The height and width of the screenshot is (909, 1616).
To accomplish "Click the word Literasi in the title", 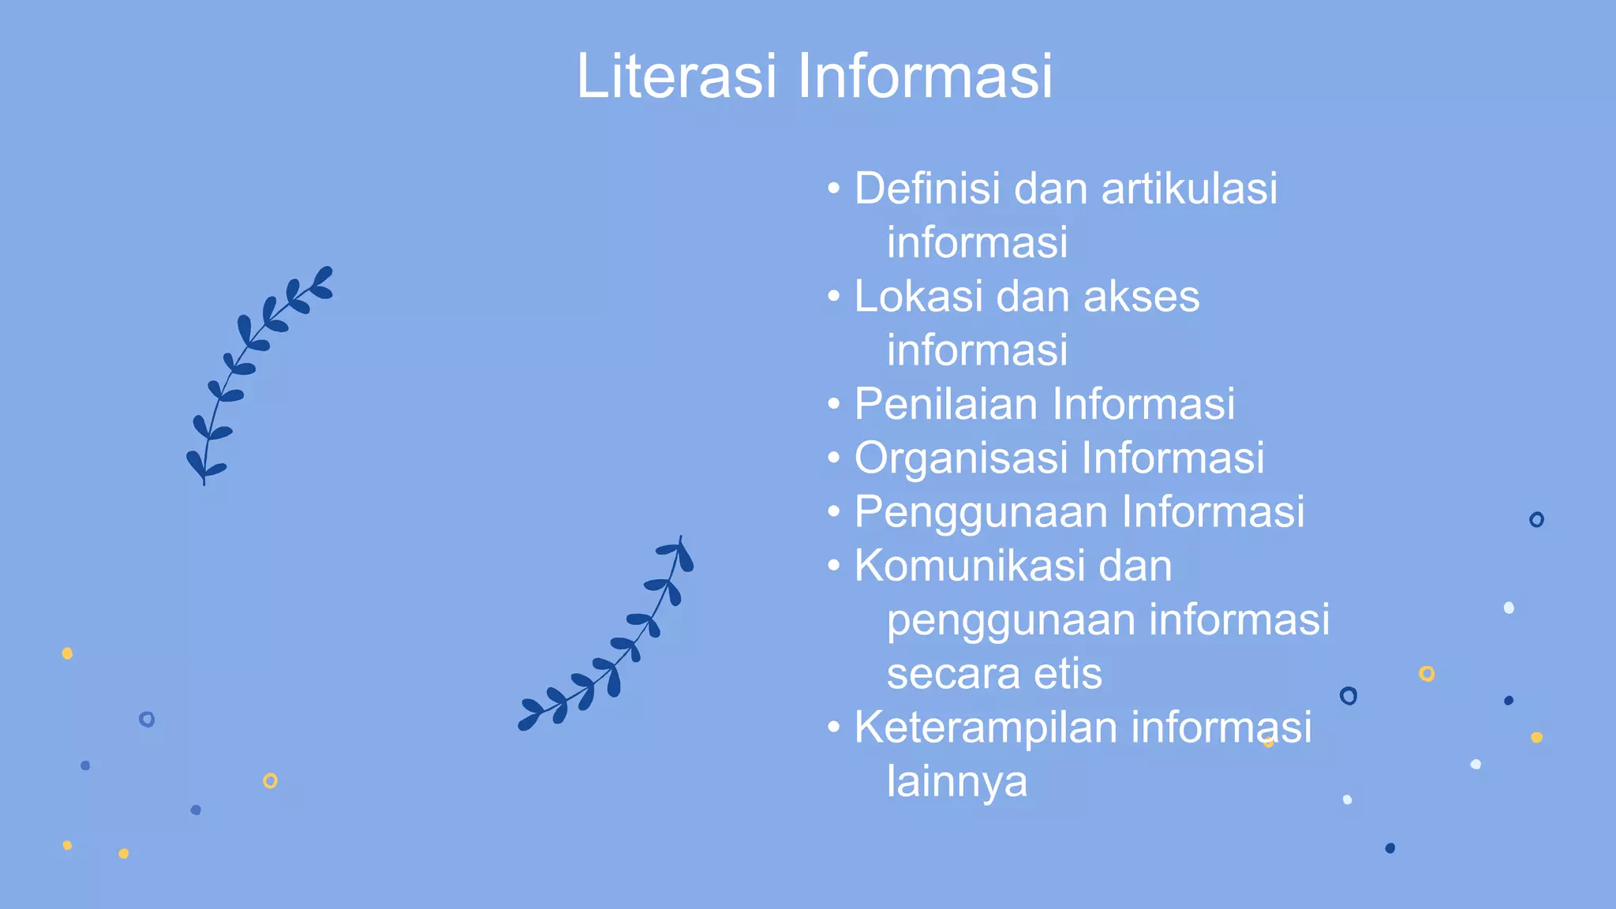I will coord(676,76).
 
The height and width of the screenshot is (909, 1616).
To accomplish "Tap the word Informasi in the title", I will coord(924,76).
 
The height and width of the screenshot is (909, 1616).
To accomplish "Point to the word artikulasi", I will coord(1189,189).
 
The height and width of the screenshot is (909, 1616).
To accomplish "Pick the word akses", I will coord(1141,297).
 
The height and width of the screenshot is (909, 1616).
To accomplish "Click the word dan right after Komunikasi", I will coord(1135,566).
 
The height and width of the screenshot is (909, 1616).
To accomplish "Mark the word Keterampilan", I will coord(986,727).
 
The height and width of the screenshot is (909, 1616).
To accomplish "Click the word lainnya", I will coord(957,781).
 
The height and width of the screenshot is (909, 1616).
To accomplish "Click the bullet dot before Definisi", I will coord(834,189).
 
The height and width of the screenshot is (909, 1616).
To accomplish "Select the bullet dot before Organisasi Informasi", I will coord(834,458).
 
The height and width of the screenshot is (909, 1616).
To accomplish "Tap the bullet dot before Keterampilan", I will coord(834,728).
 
